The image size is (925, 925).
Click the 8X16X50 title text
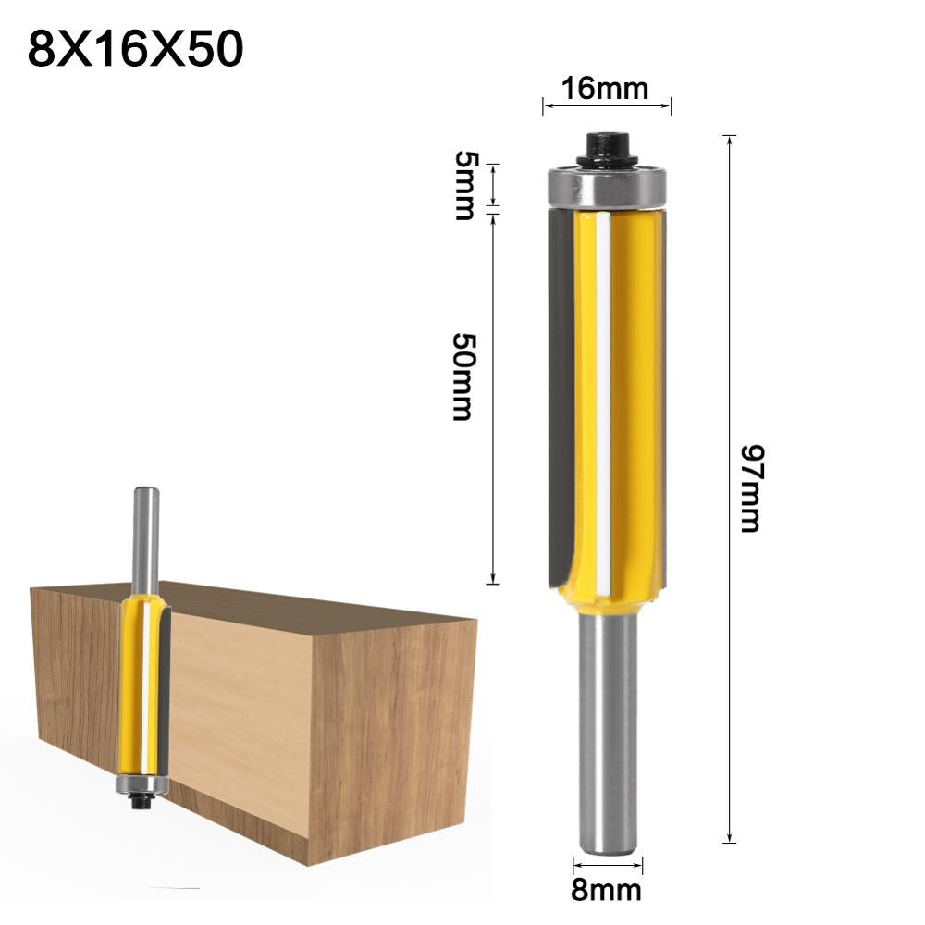pyautogui.click(x=135, y=50)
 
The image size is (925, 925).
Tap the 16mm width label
pyautogui.click(x=606, y=89)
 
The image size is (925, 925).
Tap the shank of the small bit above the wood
pyautogui.click(x=145, y=536)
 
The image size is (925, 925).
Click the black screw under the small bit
pyautogui.click(x=142, y=804)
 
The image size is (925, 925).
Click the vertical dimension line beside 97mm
pyautogui.click(x=730, y=370)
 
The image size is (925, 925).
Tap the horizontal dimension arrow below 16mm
pyautogui.click(x=606, y=107)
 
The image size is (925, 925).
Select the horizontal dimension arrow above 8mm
pyautogui.click(x=606, y=867)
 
